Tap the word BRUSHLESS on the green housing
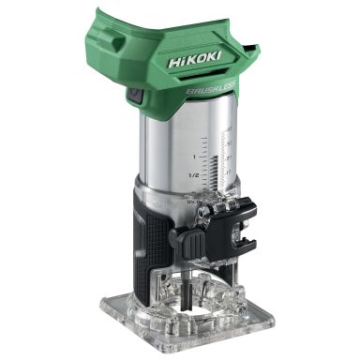(210, 90)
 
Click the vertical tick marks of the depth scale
(224, 155)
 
